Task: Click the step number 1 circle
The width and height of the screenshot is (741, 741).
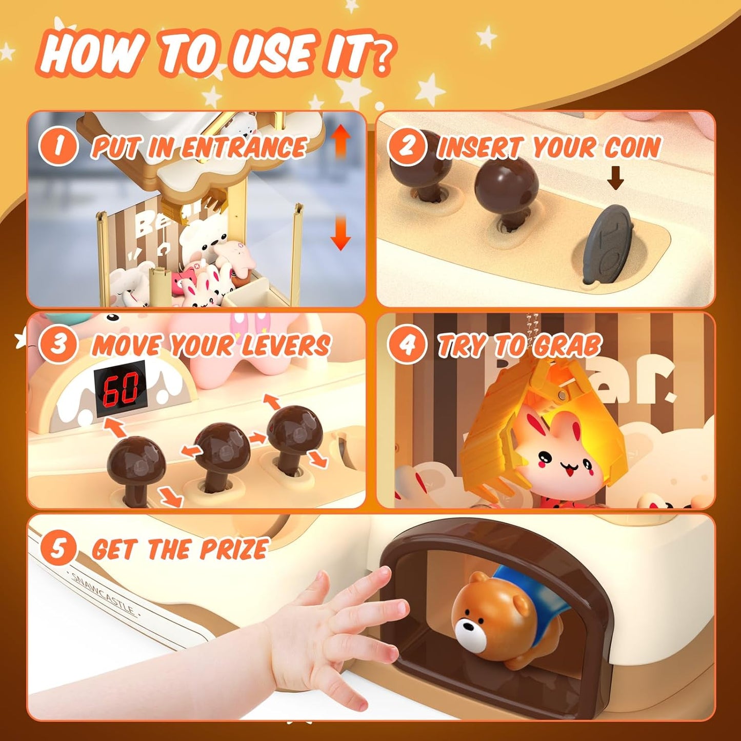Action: tap(58, 146)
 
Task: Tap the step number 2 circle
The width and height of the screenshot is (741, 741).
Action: tap(407, 146)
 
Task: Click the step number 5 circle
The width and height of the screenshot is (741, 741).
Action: tap(58, 548)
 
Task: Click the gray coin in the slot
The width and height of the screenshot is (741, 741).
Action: tap(610, 244)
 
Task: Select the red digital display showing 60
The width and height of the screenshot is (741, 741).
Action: tap(120, 388)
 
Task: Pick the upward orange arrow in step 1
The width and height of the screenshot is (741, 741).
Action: tap(341, 141)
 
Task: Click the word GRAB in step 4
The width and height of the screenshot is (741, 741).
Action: tap(567, 346)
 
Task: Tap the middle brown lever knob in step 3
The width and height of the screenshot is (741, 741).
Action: tap(223, 444)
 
